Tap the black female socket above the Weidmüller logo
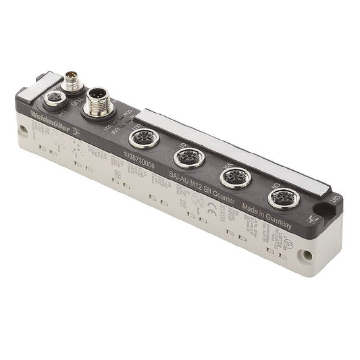coord(53,101)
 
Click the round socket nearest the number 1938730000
coord(140,139)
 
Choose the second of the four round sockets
coord(185,158)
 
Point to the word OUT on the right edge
coord(336,197)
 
